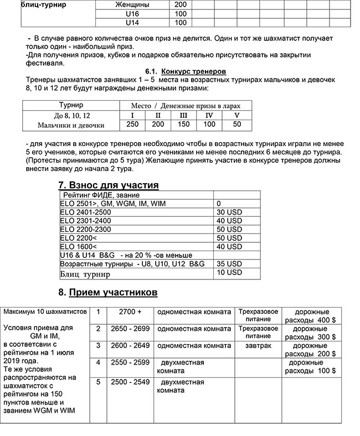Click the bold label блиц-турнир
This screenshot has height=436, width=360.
tap(43, 4)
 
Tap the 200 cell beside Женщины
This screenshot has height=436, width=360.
tap(181, 4)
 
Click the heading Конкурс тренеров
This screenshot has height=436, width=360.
tap(193, 72)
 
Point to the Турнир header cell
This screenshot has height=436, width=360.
tap(71, 105)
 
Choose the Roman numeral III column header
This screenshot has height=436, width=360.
tap(183, 115)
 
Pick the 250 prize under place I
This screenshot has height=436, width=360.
tap(133, 124)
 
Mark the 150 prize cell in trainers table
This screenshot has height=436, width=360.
tap(183, 124)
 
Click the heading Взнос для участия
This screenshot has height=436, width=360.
tap(109, 185)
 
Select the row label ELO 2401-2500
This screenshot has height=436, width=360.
tap(86, 212)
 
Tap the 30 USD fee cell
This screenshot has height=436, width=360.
tap(229, 212)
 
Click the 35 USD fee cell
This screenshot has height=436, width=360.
tap(229, 264)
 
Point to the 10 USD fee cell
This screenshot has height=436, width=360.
tap(229, 273)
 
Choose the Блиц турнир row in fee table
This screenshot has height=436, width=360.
tap(85, 274)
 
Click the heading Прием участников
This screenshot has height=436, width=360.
tap(108, 292)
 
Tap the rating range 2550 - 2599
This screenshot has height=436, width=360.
tap(130, 362)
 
